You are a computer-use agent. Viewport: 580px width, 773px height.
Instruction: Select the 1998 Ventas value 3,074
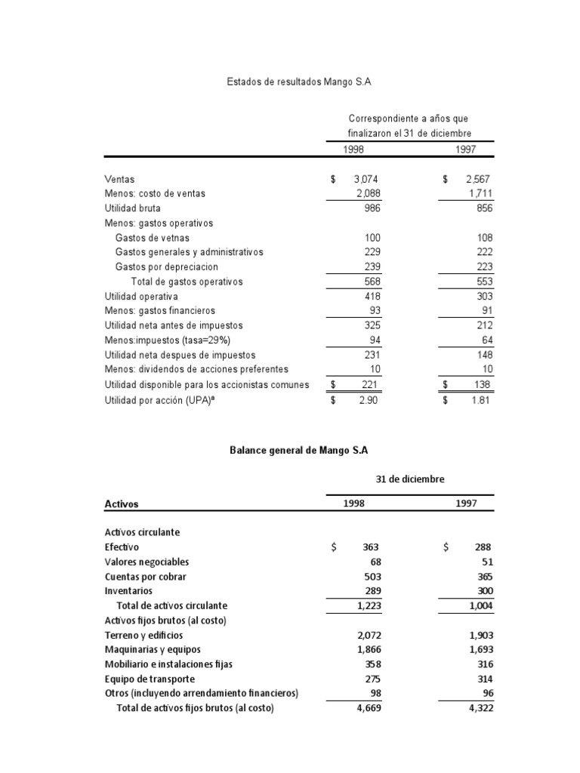pyautogui.click(x=366, y=179)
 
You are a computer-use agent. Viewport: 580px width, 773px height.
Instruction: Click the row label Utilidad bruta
pyautogui.click(x=132, y=208)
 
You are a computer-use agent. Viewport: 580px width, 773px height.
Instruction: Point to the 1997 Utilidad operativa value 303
pyautogui.click(x=484, y=296)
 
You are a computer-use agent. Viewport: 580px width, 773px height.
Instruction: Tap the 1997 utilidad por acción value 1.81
pyautogui.click(x=481, y=400)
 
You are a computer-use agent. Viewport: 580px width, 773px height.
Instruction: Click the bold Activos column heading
pyautogui.click(x=121, y=504)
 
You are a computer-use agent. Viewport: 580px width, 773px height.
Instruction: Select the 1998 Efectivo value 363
pyautogui.click(x=370, y=547)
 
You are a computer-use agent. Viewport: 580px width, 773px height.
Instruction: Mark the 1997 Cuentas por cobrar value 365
pyautogui.click(x=484, y=576)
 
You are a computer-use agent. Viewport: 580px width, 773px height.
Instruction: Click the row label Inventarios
pyautogui.click(x=128, y=590)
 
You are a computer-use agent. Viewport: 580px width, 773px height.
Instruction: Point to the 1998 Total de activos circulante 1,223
pyautogui.click(x=366, y=605)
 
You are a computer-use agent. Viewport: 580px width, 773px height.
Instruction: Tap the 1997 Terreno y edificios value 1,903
pyautogui.click(x=481, y=635)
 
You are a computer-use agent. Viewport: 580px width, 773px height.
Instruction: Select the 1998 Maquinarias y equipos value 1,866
pyautogui.click(x=366, y=649)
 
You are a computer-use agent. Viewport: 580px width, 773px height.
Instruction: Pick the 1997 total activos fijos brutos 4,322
pyautogui.click(x=481, y=708)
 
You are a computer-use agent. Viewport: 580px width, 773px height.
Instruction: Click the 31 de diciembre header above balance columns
pyautogui.click(x=410, y=479)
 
